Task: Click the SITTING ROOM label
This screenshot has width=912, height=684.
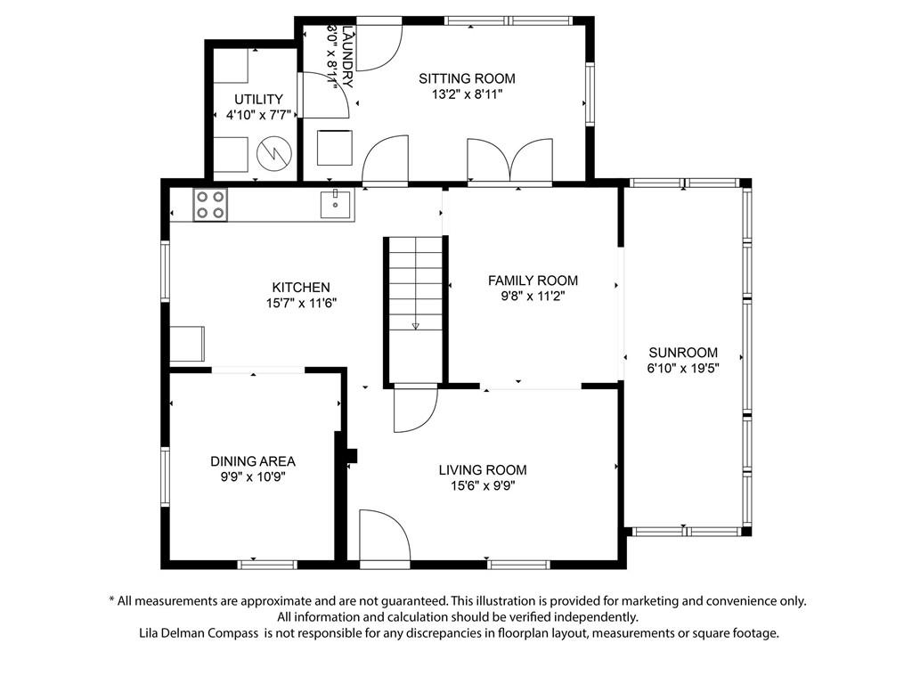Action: click(467, 78)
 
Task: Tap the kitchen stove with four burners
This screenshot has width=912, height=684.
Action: click(210, 206)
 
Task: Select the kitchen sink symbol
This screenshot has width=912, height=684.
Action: click(336, 204)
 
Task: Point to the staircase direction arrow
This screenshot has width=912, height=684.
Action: click(415, 326)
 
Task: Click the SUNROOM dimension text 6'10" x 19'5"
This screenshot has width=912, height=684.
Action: click(683, 368)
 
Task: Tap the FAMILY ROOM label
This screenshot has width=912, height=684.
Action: click(533, 281)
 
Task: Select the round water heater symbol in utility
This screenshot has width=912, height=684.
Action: click(274, 153)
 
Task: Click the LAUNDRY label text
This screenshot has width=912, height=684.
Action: click(348, 56)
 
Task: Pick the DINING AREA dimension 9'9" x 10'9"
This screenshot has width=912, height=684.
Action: click(253, 477)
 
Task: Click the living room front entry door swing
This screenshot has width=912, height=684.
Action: click(385, 536)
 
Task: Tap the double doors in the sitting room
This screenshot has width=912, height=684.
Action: click(510, 160)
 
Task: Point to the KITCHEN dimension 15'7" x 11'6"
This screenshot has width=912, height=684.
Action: click(301, 303)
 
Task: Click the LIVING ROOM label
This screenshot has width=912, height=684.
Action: click(483, 470)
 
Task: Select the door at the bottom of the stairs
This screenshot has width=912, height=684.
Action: click(415, 408)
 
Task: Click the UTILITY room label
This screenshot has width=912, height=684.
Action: click(258, 100)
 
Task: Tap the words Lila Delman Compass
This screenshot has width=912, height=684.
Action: click(199, 633)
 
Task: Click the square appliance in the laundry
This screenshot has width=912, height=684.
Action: click(335, 148)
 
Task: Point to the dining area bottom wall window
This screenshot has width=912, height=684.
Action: click(267, 564)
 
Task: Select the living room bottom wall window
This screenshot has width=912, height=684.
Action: click(519, 564)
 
